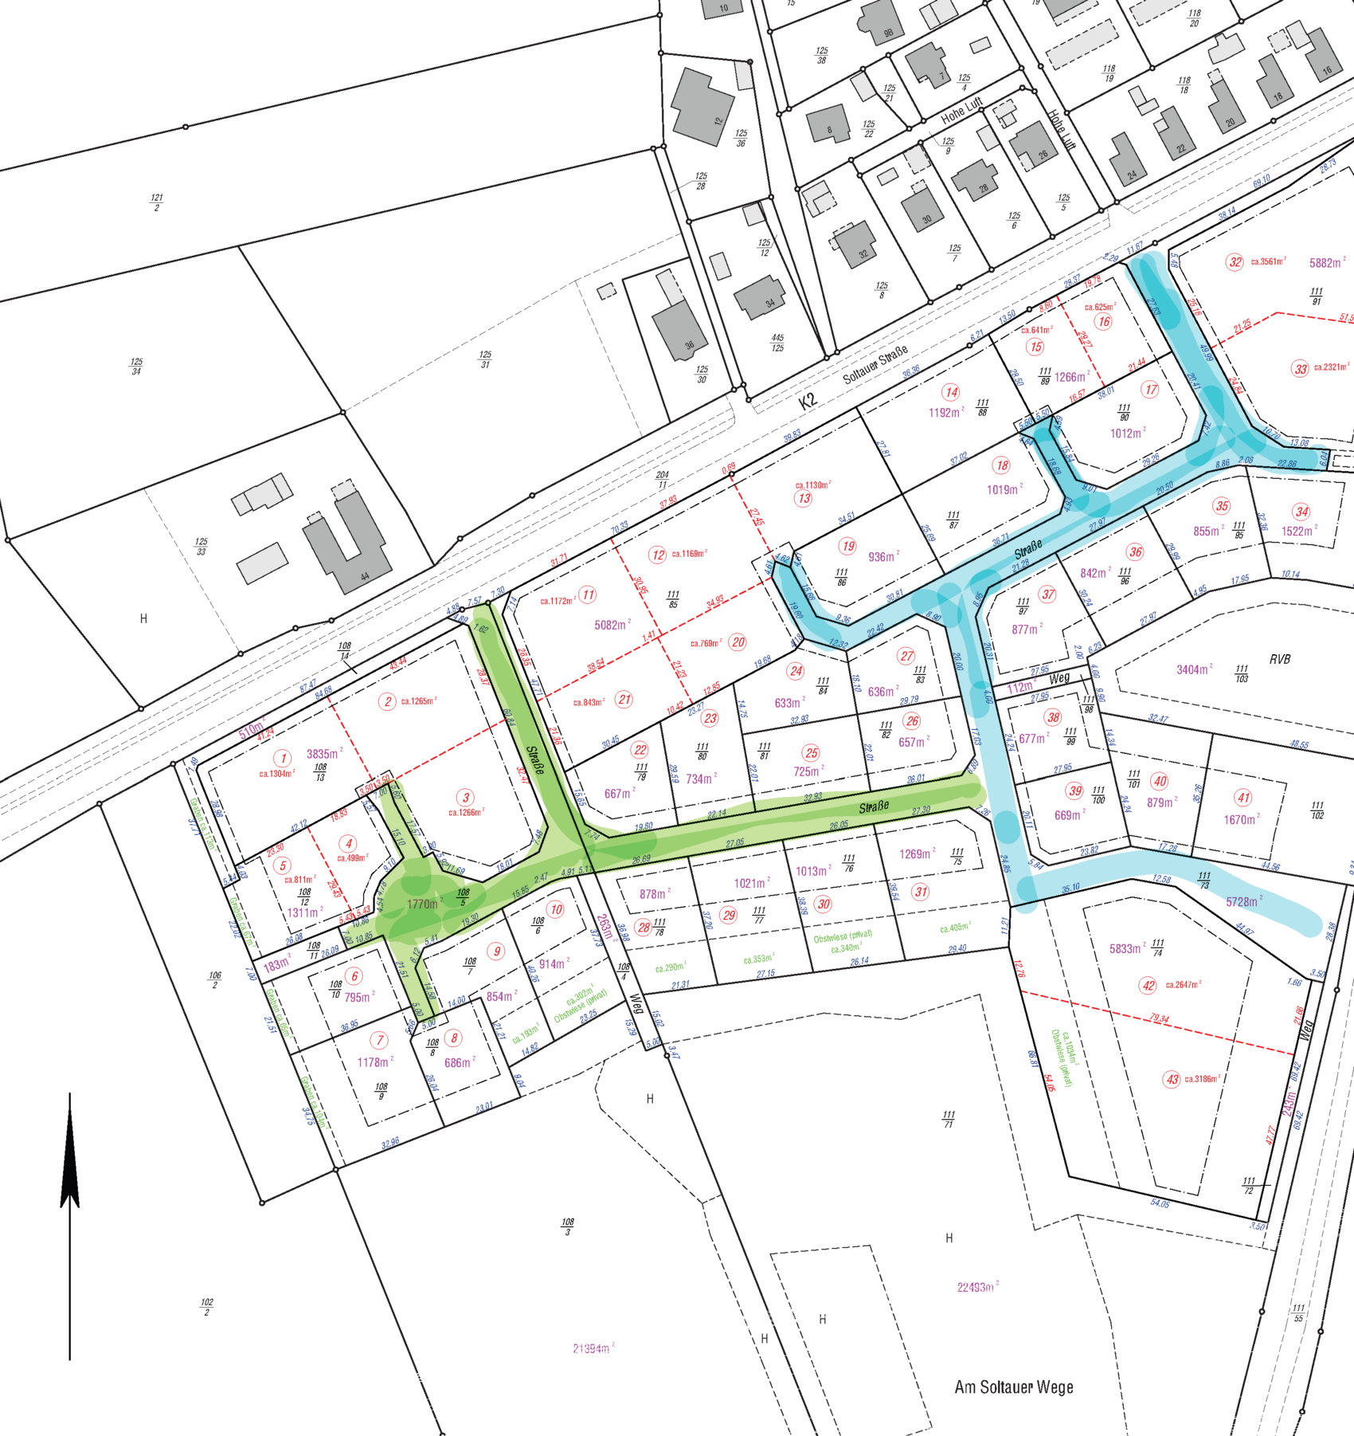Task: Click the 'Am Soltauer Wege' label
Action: (x=1013, y=1387)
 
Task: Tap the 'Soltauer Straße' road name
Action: (x=875, y=365)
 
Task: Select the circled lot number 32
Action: (x=1235, y=262)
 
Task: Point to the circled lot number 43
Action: (x=1172, y=1080)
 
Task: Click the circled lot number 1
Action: (x=282, y=757)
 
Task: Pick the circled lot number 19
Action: (x=847, y=546)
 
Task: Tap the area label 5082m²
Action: (x=612, y=626)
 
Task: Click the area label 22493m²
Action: (x=976, y=1287)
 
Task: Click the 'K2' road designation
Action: (x=808, y=402)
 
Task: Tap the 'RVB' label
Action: (x=1280, y=659)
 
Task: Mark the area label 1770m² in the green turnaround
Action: (x=423, y=904)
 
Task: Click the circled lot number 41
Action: (x=1242, y=798)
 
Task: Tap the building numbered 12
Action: (x=701, y=108)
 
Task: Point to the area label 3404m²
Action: (x=1194, y=669)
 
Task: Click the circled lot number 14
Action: (x=951, y=392)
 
